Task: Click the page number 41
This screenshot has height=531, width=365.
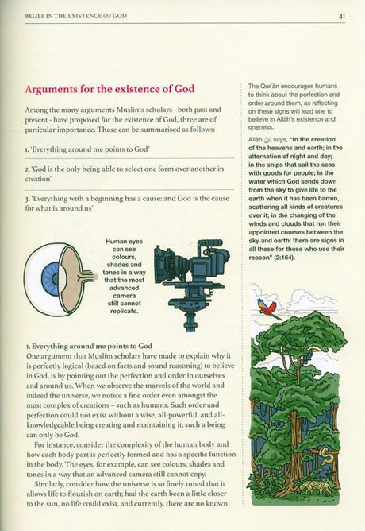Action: [339, 14]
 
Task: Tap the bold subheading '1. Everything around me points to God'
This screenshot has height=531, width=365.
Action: [88, 347]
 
